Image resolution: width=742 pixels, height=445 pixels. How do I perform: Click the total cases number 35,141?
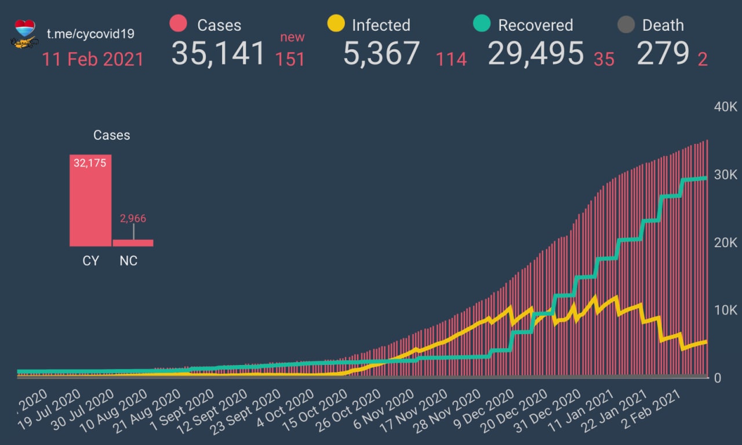click(x=218, y=53)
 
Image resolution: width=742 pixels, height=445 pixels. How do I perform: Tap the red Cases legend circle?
click(x=178, y=24)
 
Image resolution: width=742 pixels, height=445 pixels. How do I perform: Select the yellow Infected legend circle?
click(x=336, y=24)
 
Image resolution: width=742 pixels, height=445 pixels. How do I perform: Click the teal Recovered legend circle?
click(x=482, y=24)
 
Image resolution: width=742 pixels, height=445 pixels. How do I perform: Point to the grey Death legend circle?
click(x=626, y=25)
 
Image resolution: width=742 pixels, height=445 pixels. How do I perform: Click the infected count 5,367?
click(x=381, y=53)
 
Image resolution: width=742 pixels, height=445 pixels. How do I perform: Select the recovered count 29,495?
click(x=536, y=53)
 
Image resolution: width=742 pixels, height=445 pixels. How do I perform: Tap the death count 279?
click(x=662, y=53)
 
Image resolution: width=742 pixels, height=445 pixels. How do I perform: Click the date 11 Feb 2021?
click(x=93, y=59)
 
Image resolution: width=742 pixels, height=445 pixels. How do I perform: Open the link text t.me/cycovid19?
click(x=90, y=34)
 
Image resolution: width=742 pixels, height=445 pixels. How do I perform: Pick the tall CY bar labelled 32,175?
click(x=90, y=201)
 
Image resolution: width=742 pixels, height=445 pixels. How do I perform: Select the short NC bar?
click(x=133, y=243)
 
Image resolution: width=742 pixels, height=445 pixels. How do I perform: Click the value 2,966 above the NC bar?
click(x=133, y=219)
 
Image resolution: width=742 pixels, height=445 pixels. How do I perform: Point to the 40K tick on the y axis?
click(x=725, y=107)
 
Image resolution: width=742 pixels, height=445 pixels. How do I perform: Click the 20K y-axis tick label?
click(x=725, y=243)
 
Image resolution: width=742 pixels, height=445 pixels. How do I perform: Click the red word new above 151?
click(x=292, y=37)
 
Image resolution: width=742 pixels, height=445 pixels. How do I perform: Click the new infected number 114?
click(x=452, y=59)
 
